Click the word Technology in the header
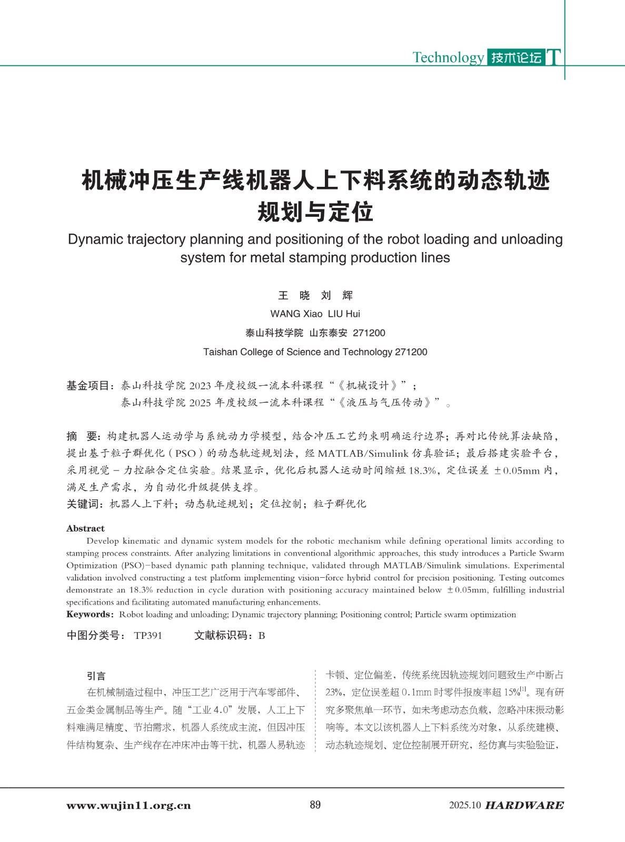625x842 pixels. pos(448,57)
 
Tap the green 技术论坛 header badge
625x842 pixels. pos(516,57)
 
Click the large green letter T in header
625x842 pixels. pos(553,57)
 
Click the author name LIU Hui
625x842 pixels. pos(344,314)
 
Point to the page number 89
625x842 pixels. pos(315,805)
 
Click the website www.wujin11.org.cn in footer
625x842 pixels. pos(128,806)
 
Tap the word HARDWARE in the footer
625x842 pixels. pos(524,806)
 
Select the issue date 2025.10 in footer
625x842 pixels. pos(465,806)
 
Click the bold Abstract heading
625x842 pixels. pos(85,528)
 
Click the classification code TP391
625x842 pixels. pos(148,636)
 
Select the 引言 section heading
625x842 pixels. pos(96,676)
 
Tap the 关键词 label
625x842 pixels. pos(85,504)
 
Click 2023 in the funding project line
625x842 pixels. pos(200,386)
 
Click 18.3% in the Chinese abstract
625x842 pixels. pos(422,470)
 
